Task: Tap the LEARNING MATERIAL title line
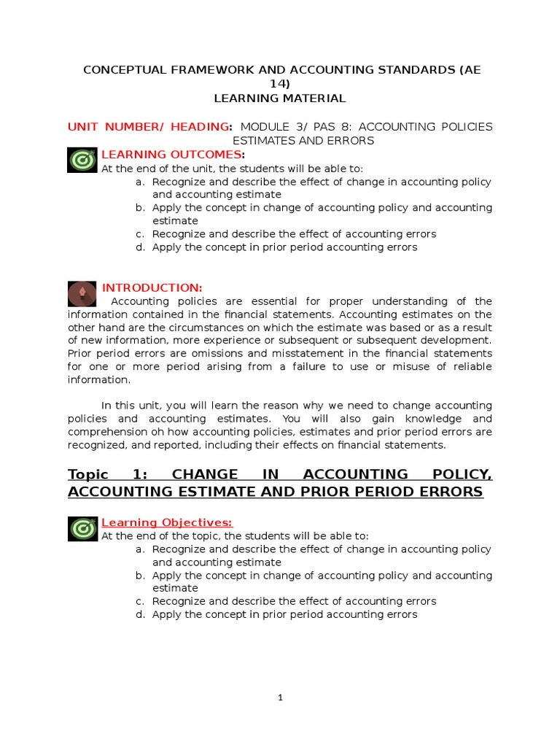click(280, 98)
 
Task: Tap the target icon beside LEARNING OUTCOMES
click(82, 160)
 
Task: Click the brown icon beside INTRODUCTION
click(82, 293)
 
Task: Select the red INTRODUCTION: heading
click(152, 287)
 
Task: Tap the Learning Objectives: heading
click(166, 522)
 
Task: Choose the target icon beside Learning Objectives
click(82, 527)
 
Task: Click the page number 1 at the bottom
click(280, 697)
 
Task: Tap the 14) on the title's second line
click(280, 84)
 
